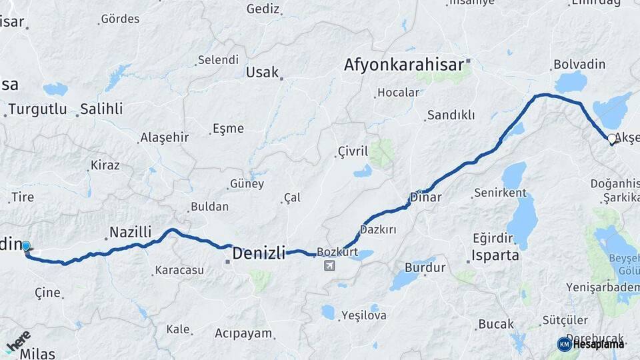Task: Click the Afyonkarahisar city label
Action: pos(404,65)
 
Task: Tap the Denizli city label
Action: pos(259,253)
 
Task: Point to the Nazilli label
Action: pos(130,232)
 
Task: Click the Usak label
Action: pos(262,72)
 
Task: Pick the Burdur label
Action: pos(425,268)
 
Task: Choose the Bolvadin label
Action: pos(579,65)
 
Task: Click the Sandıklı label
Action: pos(451,115)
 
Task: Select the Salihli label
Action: pos(101,109)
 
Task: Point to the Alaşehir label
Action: pos(164,138)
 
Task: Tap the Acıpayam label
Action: pos(243,333)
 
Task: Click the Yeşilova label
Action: pos(364,315)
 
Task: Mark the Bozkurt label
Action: pos(337,252)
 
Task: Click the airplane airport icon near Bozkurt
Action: pos(329,266)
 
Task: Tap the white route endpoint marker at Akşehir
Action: pos(612,139)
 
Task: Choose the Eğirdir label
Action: pos(493,239)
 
